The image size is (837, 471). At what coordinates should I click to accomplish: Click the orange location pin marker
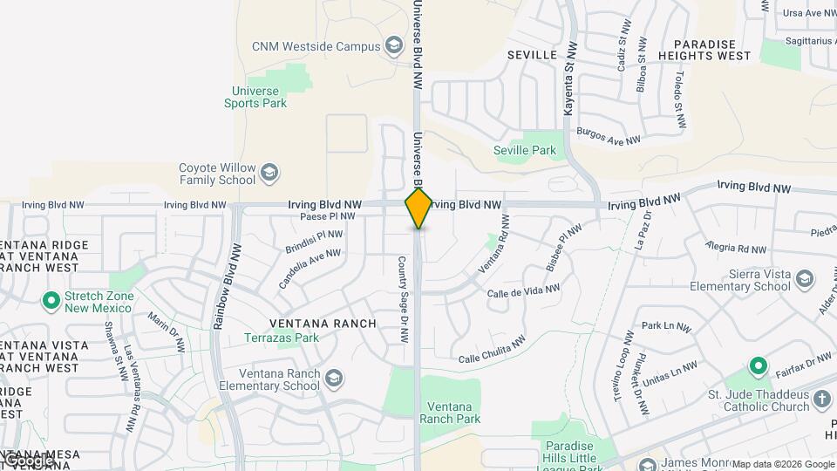pyautogui.click(x=418, y=208)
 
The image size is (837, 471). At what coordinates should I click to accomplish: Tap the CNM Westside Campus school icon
pyautogui.click(x=394, y=46)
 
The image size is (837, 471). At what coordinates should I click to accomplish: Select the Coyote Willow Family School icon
pyautogui.click(x=269, y=172)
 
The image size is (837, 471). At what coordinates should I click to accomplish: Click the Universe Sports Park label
pyautogui.click(x=255, y=97)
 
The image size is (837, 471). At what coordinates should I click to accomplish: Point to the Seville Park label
pyautogui.click(x=524, y=150)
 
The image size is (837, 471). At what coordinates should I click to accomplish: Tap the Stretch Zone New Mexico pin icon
pyautogui.click(x=51, y=302)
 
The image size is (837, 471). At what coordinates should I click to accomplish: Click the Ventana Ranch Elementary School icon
pyautogui.click(x=333, y=379)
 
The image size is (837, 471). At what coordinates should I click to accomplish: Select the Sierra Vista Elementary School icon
pyautogui.click(x=804, y=280)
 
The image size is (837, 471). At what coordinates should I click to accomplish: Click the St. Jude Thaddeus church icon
pyautogui.click(x=821, y=400)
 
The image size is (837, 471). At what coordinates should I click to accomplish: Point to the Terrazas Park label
pyautogui.click(x=282, y=338)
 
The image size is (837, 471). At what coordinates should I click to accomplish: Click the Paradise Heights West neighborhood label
pyautogui.click(x=711, y=50)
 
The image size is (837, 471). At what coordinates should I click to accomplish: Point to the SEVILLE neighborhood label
pyautogui.click(x=532, y=55)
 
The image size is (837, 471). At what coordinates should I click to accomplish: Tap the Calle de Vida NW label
pyautogui.click(x=523, y=292)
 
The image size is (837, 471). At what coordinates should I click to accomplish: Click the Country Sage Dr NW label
pyautogui.click(x=403, y=299)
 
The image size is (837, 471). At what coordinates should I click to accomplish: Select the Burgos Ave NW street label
pyautogui.click(x=608, y=137)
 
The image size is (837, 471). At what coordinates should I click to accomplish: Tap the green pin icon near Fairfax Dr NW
pyautogui.click(x=758, y=365)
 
